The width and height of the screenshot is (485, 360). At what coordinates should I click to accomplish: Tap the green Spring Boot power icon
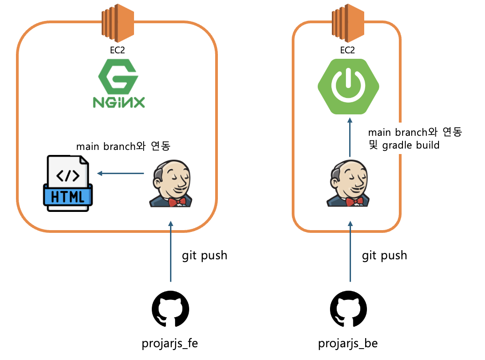point(348,86)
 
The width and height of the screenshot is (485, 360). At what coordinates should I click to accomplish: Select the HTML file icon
point(68,183)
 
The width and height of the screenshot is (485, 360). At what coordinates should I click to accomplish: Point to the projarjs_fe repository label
point(170,343)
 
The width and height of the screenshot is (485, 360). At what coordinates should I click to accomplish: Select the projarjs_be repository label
point(348,343)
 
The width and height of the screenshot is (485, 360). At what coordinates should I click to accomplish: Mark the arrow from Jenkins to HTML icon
point(121,173)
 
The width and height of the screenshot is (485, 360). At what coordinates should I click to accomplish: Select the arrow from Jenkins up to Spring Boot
point(350,137)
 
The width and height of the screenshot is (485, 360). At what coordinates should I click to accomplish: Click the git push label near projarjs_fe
point(205,255)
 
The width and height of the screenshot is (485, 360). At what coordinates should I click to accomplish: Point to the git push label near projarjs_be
point(384,255)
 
